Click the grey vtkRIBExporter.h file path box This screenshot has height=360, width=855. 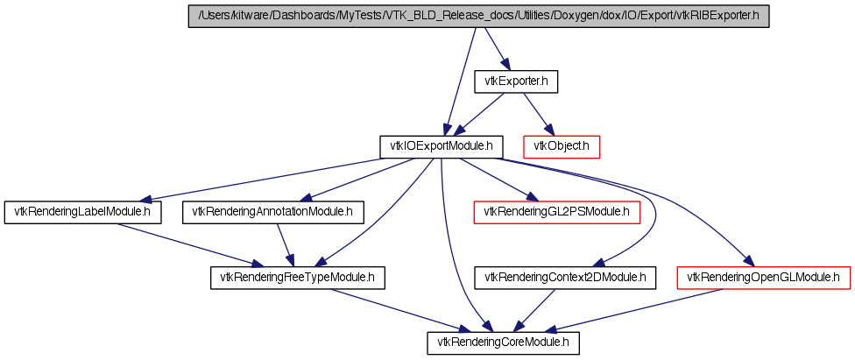(x=478, y=17)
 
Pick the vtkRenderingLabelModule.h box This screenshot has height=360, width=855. (x=83, y=212)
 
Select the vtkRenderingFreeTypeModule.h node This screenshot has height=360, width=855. (x=298, y=278)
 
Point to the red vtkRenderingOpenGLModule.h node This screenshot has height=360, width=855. (x=764, y=278)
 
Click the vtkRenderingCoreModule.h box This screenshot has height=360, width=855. (x=504, y=342)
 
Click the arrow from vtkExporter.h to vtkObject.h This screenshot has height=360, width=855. (x=536, y=111)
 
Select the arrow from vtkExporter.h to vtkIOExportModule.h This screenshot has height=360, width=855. (x=483, y=111)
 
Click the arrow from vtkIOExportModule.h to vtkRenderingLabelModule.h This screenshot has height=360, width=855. (x=263, y=179)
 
